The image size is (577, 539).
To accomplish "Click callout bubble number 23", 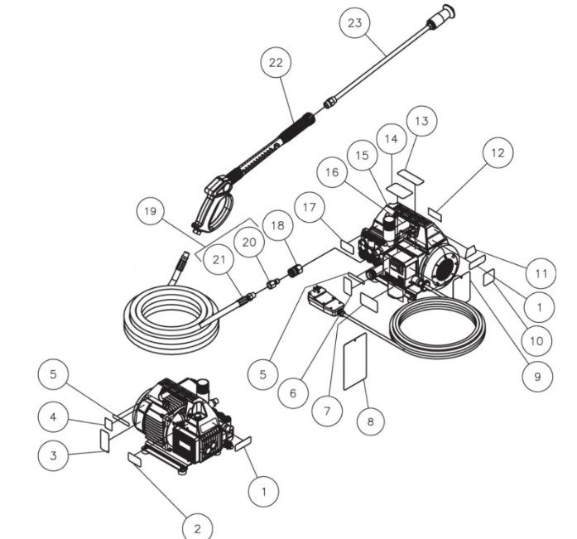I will tap(354, 23).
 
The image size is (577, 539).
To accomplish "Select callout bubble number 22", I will tap(276, 63).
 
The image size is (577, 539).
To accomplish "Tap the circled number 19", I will tap(150, 211).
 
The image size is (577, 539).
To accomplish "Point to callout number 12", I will tap(497, 152).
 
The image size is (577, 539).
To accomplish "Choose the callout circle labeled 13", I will tap(421, 121).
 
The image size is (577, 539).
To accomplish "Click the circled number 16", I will tap(332, 172).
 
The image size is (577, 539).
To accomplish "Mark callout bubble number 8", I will tap(370, 421).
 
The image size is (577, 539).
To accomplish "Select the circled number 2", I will tap(197, 527).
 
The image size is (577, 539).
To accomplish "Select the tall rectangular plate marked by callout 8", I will tap(355, 359).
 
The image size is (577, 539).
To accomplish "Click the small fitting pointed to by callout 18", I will tap(291, 270).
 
